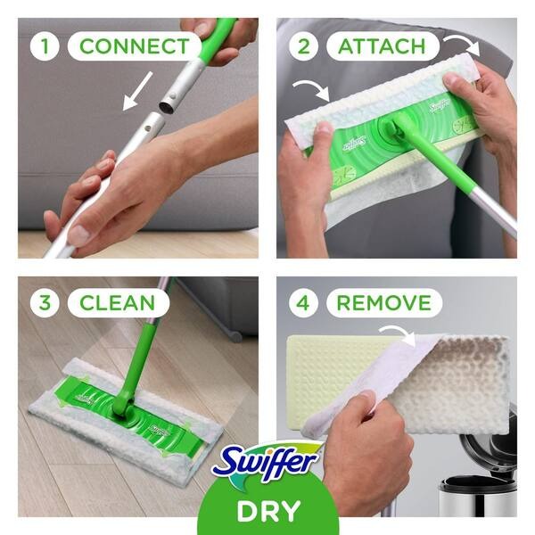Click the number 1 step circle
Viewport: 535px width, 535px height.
(45, 45)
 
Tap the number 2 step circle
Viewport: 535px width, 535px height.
(303, 45)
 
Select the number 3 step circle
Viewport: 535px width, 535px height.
(45, 302)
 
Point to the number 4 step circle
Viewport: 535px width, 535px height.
(303, 302)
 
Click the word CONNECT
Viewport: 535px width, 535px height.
(134, 45)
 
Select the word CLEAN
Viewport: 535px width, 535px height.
(117, 302)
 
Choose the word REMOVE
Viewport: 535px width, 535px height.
(383, 302)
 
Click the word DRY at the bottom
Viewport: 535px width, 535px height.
(267, 513)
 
